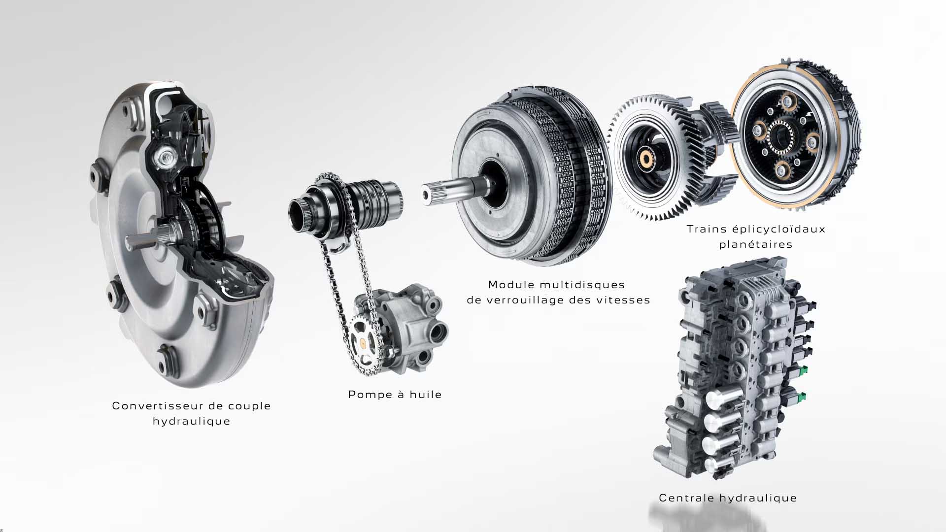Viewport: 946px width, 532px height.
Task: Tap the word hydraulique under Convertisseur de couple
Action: (x=191, y=421)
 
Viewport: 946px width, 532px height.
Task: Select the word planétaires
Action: (x=756, y=244)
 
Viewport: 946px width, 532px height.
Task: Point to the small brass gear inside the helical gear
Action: (x=646, y=158)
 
